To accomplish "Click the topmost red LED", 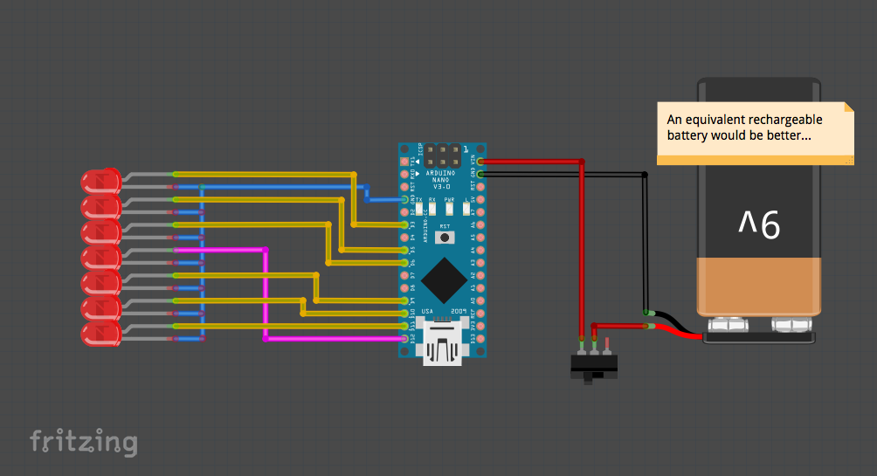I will click(x=100, y=182).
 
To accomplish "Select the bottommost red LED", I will click(x=100, y=333).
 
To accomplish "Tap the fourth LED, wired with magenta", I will click(x=100, y=257).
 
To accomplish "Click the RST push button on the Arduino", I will click(x=445, y=237).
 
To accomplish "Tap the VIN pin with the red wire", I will click(x=479, y=162).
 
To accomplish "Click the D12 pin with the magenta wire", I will click(x=405, y=338).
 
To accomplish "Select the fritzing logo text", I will click(x=84, y=442).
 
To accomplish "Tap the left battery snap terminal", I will click(x=725, y=326).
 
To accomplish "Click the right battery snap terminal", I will click(x=791, y=326).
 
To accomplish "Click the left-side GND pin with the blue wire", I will click(x=405, y=199).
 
